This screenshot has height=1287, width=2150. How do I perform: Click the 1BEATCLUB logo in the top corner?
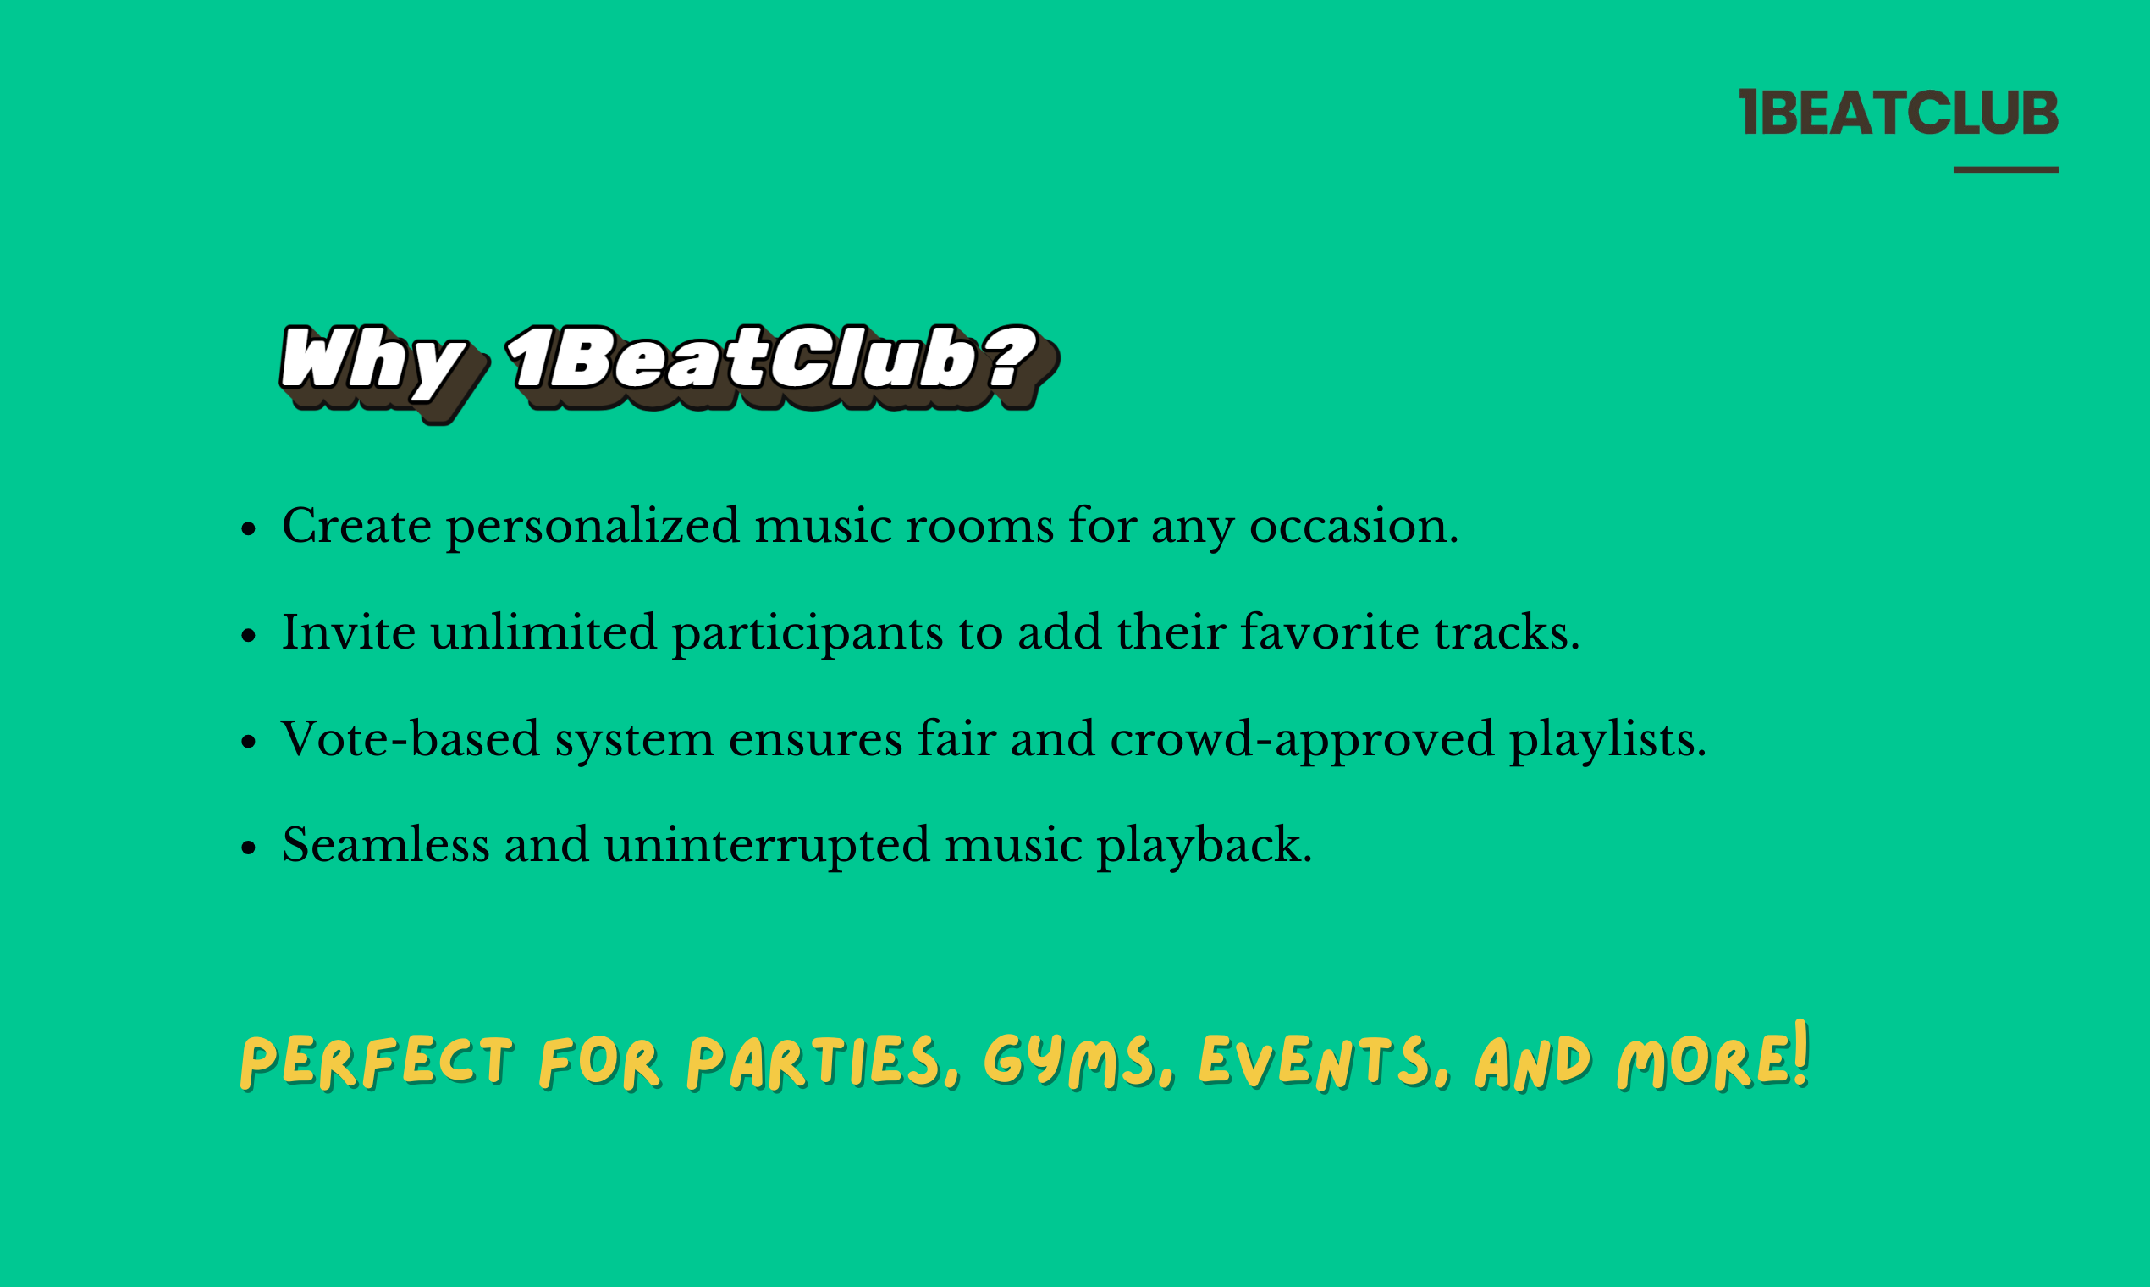point(1898,113)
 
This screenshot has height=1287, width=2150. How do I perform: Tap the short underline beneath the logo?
point(2005,170)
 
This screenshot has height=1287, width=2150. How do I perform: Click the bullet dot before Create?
point(249,528)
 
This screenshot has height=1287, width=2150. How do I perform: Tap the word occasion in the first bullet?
point(1353,526)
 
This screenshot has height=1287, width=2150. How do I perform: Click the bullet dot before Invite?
point(249,635)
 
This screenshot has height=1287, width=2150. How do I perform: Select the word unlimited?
point(543,632)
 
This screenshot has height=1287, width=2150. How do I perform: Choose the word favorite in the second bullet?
point(1329,632)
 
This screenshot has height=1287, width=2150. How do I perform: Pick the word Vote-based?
point(410,739)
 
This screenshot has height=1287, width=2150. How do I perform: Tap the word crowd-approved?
point(1301,741)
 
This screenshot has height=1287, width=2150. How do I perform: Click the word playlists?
point(1607,741)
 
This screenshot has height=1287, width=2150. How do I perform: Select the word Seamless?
point(385,845)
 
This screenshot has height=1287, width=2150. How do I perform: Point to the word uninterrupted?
point(766,847)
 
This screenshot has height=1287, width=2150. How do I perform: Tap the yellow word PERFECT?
point(378,1062)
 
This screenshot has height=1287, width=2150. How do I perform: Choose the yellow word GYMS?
point(1072,1062)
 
